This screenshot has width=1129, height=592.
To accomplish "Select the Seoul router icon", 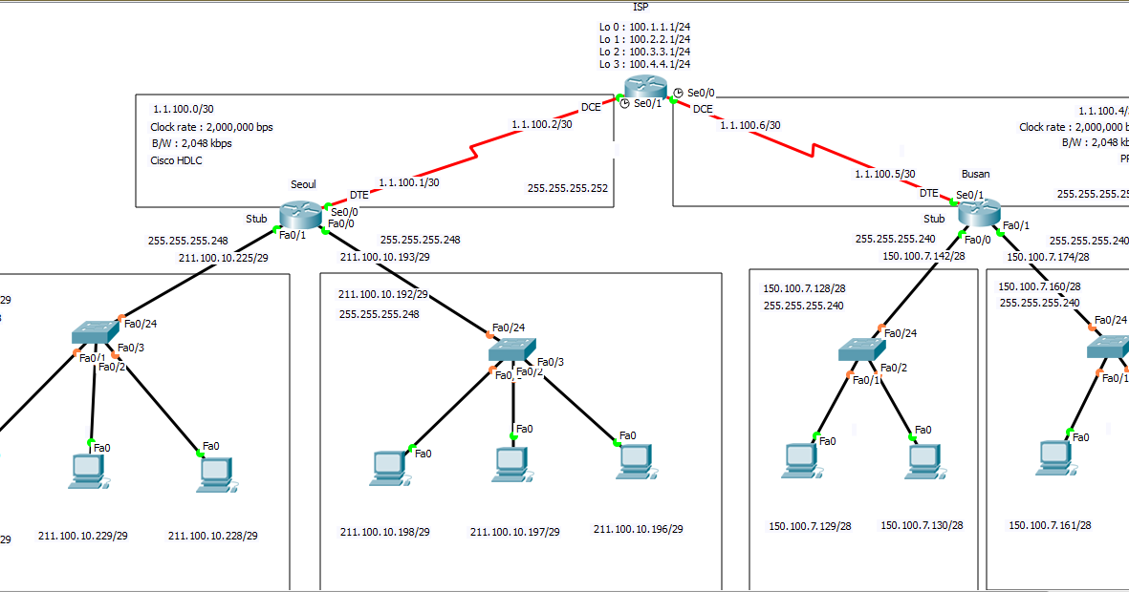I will click(x=300, y=215).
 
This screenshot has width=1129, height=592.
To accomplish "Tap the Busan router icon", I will click(x=977, y=211).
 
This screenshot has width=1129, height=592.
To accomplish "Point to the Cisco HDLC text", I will click(x=176, y=160).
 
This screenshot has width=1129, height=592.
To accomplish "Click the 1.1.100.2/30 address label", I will click(x=541, y=124).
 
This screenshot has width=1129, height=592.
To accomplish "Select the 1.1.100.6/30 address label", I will click(x=749, y=125).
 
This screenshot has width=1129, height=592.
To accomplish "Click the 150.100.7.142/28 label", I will click(x=923, y=255).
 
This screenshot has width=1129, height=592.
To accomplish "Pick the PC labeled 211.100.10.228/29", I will click(x=215, y=473).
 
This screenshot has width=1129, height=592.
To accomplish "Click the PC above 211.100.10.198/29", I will click(x=389, y=467).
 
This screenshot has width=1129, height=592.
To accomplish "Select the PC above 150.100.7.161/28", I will click(x=1053, y=459).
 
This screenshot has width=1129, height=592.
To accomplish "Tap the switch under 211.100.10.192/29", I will click(x=511, y=349).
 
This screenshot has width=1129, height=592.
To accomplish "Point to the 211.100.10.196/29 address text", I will click(x=638, y=529).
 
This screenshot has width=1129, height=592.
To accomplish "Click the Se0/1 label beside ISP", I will click(x=647, y=103).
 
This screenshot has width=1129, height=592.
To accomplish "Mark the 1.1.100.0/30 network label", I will click(x=183, y=110).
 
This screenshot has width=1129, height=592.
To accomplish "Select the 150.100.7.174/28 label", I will click(x=1048, y=257).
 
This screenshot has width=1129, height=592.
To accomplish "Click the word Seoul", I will click(x=303, y=183).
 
